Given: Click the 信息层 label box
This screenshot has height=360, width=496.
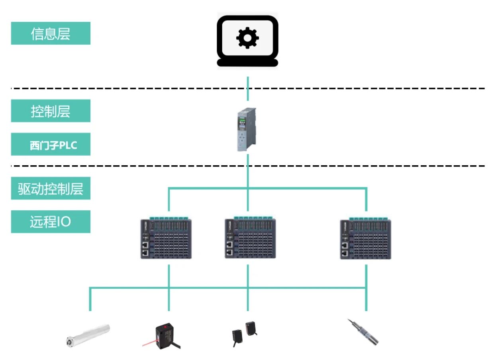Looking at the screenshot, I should click(x=51, y=33).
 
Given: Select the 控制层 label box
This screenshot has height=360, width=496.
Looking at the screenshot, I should click(x=51, y=111).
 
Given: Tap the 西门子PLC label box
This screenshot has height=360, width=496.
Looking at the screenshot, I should click(x=51, y=145).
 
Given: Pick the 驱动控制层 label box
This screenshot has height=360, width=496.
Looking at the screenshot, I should click(x=51, y=188).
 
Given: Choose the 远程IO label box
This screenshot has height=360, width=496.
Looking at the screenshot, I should click(x=51, y=222).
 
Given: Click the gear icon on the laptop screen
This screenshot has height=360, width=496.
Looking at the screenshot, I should click(x=247, y=38).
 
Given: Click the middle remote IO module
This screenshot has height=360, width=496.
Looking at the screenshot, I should click(x=250, y=239).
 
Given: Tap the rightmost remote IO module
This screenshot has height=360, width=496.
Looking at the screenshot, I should click(x=365, y=239).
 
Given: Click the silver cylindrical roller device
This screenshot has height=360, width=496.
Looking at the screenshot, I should click(x=88, y=335).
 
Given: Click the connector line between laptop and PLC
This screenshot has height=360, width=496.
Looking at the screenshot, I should click(x=247, y=88).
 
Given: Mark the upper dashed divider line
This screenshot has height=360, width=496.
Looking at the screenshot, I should click(x=359, y=88).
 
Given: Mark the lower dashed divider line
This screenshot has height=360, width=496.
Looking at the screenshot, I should click(x=359, y=165).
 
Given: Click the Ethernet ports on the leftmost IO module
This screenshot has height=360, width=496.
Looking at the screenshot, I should click(x=146, y=248).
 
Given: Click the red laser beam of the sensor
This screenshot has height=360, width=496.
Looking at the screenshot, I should click(x=149, y=343).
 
